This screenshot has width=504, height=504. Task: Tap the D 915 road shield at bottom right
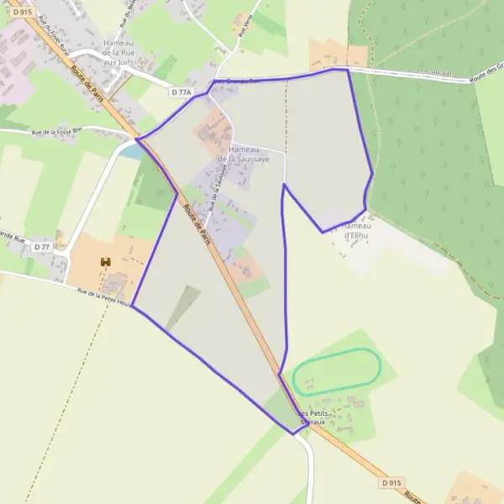[x=391, y=483]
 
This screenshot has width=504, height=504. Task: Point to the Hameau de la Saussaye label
[x=243, y=153]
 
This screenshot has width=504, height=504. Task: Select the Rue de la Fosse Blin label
[x=57, y=131]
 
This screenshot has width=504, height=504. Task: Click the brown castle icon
[x=106, y=264]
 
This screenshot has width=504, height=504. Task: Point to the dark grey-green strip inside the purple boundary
[x=184, y=307]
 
